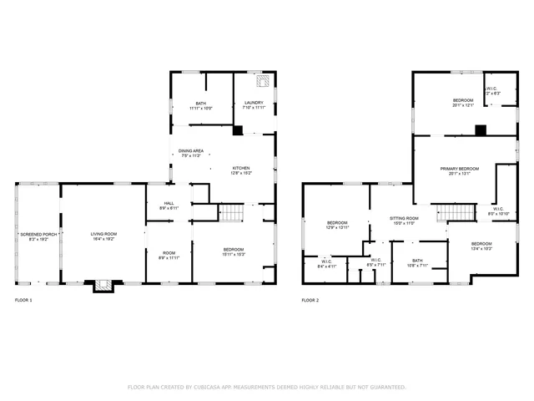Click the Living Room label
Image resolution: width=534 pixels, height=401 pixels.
pyautogui.click(x=103, y=233)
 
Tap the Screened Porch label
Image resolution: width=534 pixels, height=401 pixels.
pyautogui.click(x=37, y=234)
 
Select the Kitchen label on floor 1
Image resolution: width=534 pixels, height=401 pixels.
pyautogui.click(x=241, y=168)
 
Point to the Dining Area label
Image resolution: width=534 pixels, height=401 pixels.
pyautogui.click(x=190, y=150)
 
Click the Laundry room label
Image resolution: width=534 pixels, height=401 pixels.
pyautogui.click(x=254, y=103)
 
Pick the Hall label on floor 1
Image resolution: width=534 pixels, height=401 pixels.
pyautogui.click(x=169, y=203)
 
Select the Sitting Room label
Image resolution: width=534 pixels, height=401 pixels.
pyautogui.click(x=404, y=217)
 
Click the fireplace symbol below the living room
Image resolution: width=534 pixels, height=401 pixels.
pyautogui.click(x=103, y=285)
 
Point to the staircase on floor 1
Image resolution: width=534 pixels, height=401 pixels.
pyautogui.click(x=229, y=213)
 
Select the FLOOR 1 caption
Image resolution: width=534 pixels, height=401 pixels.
pyautogui.click(x=23, y=300)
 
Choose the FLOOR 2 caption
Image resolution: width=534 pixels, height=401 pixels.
pyautogui.click(x=310, y=300)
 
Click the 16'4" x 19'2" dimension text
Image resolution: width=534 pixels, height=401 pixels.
pyautogui.click(x=103, y=239)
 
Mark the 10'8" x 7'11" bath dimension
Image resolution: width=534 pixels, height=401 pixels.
pyautogui.click(x=416, y=266)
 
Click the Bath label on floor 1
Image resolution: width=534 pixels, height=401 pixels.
pyautogui.click(x=200, y=103)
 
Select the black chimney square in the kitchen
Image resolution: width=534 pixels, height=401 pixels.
pyautogui.click(x=238, y=130)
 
